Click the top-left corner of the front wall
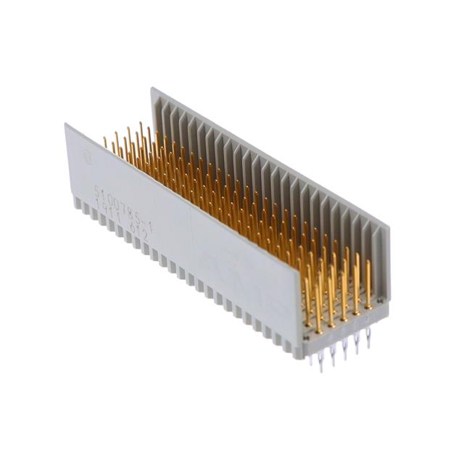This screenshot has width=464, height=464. point(66,125)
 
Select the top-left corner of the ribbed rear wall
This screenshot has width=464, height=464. point(152,88)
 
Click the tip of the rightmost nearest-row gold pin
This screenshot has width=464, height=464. point(368,262)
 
